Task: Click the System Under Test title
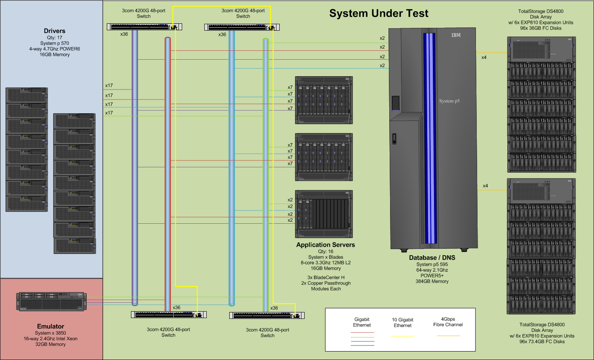(x=378, y=13)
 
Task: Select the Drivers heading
(x=54, y=31)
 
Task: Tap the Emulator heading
(x=50, y=326)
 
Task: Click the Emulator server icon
(x=51, y=302)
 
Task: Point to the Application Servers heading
(x=325, y=245)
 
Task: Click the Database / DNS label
(x=432, y=258)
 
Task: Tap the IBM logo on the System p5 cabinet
(x=456, y=35)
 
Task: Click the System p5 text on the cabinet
(x=449, y=101)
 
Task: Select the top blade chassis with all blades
(x=324, y=100)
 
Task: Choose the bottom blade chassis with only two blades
(x=324, y=214)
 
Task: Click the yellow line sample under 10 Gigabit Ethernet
(x=402, y=336)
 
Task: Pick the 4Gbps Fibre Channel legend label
(x=448, y=322)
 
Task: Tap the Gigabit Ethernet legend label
(x=362, y=322)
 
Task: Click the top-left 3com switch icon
(x=144, y=27)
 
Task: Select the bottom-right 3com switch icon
(x=267, y=316)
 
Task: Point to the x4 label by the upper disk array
(x=484, y=58)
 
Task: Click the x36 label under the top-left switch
(x=124, y=34)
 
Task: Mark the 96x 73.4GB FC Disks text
(x=542, y=341)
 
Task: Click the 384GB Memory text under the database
(x=432, y=281)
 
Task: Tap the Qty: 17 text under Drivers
(x=54, y=37)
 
